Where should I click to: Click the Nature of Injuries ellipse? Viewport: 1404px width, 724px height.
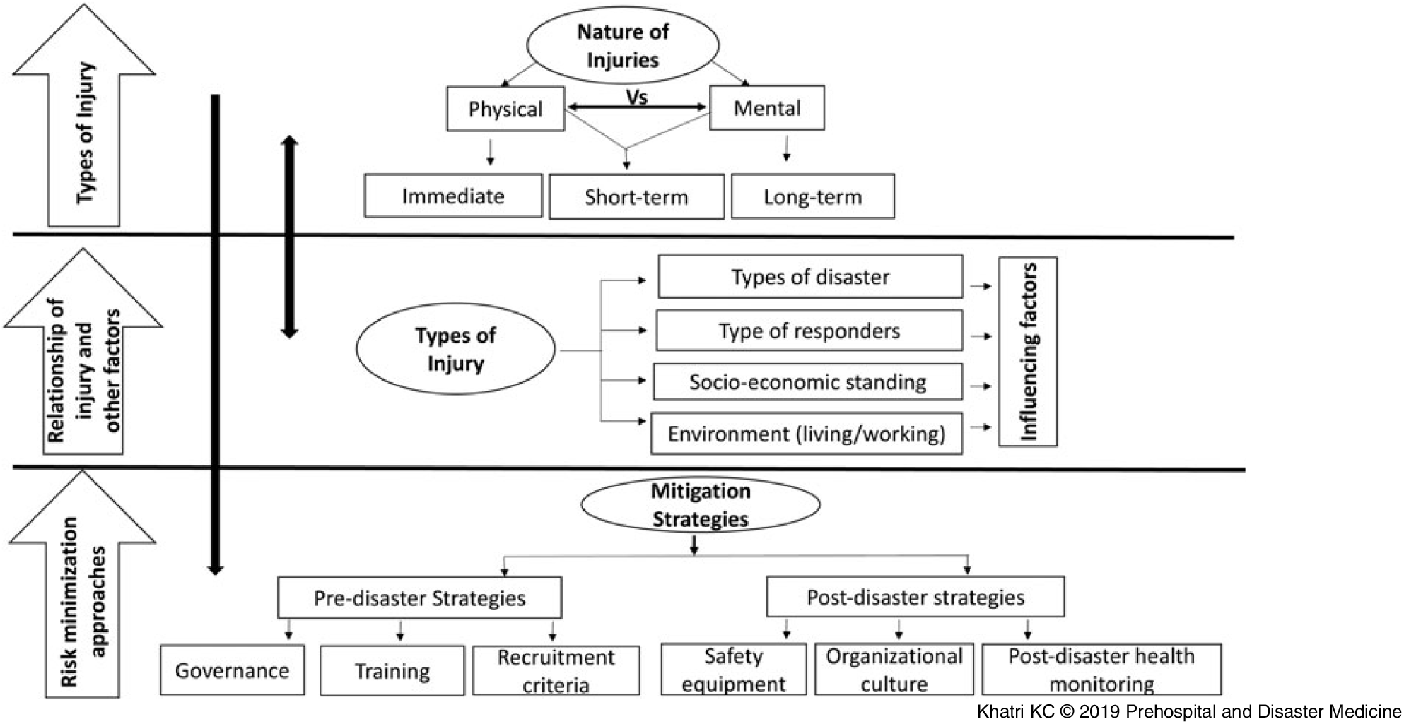tap(622, 46)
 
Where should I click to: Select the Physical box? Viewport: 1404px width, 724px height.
tap(505, 109)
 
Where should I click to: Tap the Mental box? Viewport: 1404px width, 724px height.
tap(767, 108)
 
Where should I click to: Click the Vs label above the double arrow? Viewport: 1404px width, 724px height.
tap(636, 97)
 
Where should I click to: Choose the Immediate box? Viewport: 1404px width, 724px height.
tap(453, 196)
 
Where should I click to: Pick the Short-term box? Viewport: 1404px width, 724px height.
tap(636, 197)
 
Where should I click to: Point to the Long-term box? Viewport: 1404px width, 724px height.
tap(812, 196)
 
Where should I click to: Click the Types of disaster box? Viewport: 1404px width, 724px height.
tap(810, 277)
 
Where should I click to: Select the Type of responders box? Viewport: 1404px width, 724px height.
tap(809, 331)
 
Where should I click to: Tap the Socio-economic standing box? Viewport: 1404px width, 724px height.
tap(807, 382)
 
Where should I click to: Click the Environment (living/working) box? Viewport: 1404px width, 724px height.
tap(806, 433)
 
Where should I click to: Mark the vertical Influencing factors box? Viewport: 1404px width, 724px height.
tap(1027, 352)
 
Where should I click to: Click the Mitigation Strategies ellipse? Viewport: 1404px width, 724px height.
tap(700, 505)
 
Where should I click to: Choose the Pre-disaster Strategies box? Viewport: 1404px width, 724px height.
tap(419, 598)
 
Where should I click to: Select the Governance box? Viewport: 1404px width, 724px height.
tap(232, 670)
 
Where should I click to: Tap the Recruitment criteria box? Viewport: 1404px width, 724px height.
tap(556, 670)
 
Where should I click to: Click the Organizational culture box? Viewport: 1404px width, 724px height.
tap(894, 670)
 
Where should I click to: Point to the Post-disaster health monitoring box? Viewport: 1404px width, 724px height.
tap(1101, 669)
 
